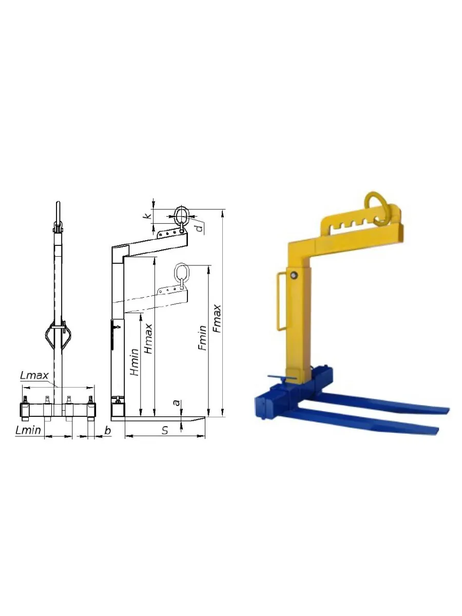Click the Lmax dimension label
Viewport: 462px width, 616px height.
(34, 376)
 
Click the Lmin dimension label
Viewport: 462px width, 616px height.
(28, 430)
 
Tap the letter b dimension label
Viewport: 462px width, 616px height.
(107, 430)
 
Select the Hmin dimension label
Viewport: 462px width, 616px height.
(134, 362)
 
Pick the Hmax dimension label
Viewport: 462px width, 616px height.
(148, 339)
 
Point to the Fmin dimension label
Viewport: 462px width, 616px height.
(202, 338)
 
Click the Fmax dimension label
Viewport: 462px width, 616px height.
(217, 319)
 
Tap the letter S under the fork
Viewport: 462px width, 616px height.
(165, 430)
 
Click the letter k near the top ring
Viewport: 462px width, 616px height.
(147, 216)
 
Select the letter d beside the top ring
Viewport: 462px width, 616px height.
(200, 227)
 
